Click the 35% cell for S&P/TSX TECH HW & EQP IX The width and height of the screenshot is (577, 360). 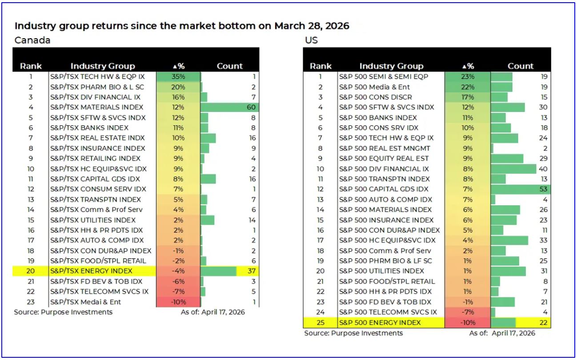click(178, 76)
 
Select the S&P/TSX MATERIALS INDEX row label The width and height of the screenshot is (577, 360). click(96, 107)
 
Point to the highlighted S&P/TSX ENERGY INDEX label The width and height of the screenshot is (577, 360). click(91, 271)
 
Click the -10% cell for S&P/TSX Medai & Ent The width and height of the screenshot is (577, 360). click(178, 302)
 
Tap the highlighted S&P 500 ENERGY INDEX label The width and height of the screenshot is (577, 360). click(380, 322)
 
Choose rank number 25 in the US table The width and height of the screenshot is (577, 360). click(320, 322)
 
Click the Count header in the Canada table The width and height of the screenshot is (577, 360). click(229, 66)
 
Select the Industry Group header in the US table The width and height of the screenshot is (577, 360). click(391, 66)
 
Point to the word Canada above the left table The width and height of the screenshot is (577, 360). click(32, 40)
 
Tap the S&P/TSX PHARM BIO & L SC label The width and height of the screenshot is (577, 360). click(97, 87)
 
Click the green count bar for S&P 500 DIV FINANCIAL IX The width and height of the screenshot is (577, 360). click(513, 169)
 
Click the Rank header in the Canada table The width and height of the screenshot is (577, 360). click(31, 66)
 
